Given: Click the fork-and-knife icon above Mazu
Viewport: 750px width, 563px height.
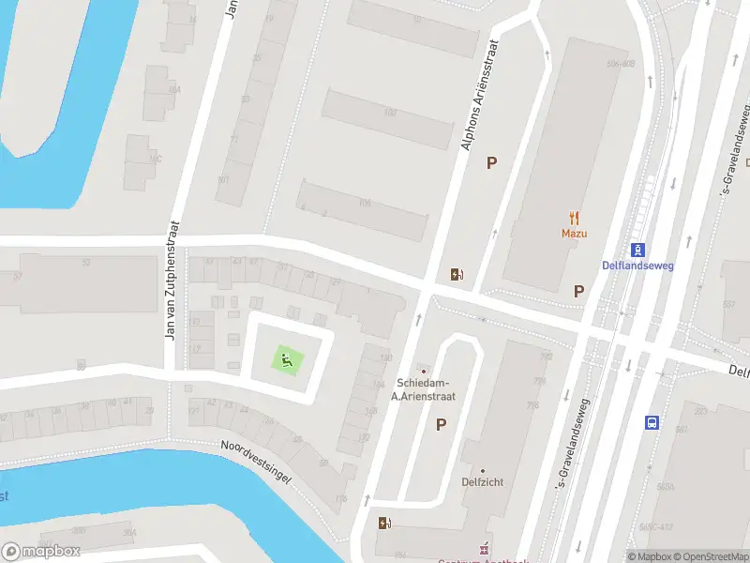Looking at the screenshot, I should tap(575, 216).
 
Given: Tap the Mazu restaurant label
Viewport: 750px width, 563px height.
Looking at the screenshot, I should tap(575, 233).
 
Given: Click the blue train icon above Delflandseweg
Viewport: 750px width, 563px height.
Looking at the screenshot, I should tap(637, 250).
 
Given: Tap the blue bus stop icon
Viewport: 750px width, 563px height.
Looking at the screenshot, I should tap(652, 422).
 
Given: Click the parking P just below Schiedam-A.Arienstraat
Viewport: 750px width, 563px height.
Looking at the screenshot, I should tap(441, 425).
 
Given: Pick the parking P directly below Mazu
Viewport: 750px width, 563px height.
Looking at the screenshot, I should tap(579, 291).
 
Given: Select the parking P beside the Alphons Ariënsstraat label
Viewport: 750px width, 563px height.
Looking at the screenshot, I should tap(490, 163).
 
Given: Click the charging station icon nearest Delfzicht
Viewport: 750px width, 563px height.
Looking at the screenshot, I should tap(383, 523).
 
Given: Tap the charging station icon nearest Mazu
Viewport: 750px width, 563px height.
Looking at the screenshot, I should tap(457, 274).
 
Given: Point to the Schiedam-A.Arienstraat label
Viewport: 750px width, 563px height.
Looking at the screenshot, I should tap(423, 389).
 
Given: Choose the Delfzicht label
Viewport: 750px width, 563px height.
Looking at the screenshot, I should tap(483, 481).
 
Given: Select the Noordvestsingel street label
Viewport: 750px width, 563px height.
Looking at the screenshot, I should tap(256, 463).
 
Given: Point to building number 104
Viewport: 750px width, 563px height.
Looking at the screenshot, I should tap(389, 113).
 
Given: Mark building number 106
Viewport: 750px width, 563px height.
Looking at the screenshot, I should tap(364, 203).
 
